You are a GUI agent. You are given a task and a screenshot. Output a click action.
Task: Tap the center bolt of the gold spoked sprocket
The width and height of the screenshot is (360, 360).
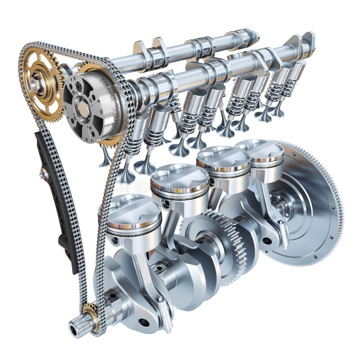pyautogui.click(x=38, y=84)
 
